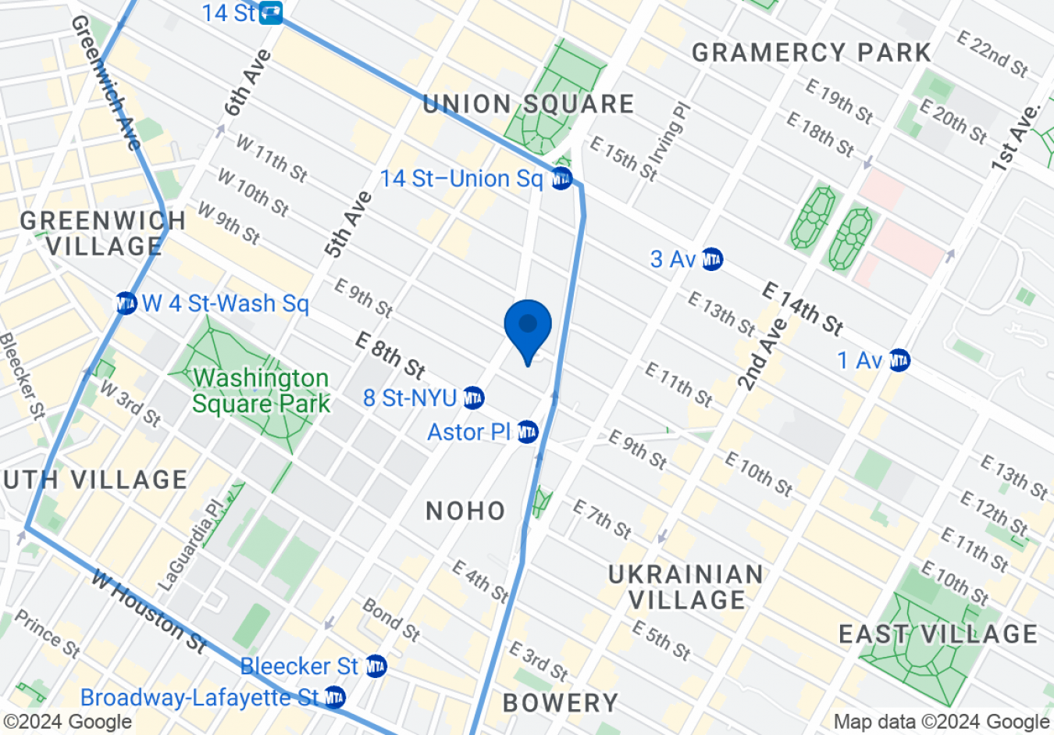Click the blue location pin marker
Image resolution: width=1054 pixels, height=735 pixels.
tap(528, 326)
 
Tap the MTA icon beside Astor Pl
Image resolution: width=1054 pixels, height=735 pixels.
tap(528, 431)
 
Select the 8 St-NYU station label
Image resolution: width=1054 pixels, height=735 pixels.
tap(410, 398)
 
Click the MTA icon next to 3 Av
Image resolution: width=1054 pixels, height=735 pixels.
tap(712, 259)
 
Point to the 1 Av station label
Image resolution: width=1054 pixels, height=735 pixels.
tap(860, 361)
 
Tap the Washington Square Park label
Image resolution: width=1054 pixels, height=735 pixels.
tap(261, 391)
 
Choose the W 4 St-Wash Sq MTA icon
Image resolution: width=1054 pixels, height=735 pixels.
tap(126, 303)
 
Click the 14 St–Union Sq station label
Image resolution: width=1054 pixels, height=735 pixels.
tap(461, 179)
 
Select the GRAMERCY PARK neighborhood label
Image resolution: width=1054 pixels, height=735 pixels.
tap(811, 53)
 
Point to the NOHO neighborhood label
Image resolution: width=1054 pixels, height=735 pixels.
tap(466, 511)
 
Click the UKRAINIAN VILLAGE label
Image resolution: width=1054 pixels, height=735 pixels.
tap(686, 587)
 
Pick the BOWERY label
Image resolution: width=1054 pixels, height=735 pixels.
tap(561, 703)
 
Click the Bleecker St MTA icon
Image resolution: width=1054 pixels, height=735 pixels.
tap(376, 666)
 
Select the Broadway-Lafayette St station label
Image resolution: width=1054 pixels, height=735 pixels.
tap(200, 698)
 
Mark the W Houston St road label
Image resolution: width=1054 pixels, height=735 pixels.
tap(148, 612)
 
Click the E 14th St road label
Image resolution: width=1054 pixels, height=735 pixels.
tap(803, 309)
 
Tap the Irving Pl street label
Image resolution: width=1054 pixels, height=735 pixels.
tap(670, 134)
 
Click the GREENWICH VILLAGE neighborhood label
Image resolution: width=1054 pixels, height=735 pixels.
tap(103, 233)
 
